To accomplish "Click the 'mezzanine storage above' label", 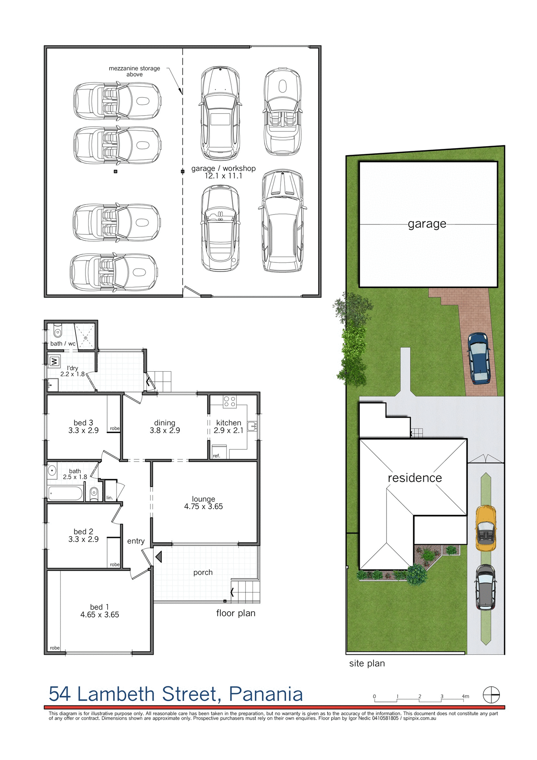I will tap(134, 71).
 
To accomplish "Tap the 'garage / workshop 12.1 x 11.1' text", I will tap(223, 172).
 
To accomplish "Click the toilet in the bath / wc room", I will tap(58, 332).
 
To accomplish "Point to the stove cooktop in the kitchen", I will tap(230, 402).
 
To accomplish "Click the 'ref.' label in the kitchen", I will tap(216, 456).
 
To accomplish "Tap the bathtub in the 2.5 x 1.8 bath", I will tap(65, 494).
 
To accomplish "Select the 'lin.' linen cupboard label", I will tap(110, 498).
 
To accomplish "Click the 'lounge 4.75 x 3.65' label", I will tap(203, 503).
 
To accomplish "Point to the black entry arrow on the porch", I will tap(159, 557).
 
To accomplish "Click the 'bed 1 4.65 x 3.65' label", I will tap(99, 611).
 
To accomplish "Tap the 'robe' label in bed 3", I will tap(115, 428).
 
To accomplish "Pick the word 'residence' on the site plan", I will tap(415, 478).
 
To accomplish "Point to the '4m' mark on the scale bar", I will tap(465, 696).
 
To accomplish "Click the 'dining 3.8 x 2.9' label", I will tap(165, 427).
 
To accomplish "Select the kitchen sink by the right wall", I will tap(252, 426).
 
